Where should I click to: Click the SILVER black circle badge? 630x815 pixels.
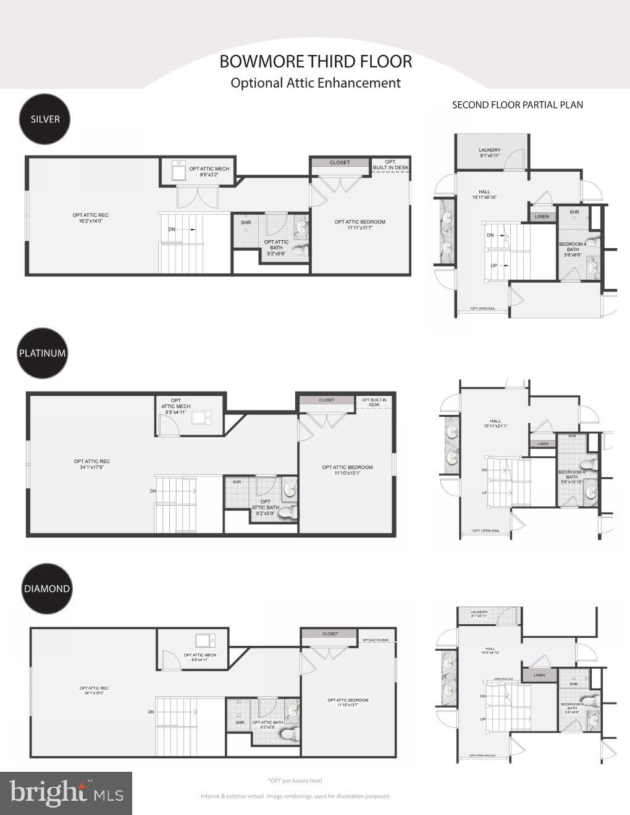click(x=45, y=119)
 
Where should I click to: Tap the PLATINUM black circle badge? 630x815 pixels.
click(x=42, y=353)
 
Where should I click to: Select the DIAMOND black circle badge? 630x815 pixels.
click(x=46, y=588)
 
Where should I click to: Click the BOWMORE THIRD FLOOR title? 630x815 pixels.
click(x=316, y=62)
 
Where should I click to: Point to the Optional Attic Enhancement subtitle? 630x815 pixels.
click(x=316, y=83)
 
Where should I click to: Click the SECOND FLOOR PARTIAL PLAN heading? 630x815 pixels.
click(x=518, y=105)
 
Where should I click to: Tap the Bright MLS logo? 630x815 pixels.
click(x=66, y=793)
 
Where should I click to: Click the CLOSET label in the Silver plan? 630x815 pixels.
click(x=340, y=163)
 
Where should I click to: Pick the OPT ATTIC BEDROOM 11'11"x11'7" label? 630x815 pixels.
click(x=359, y=225)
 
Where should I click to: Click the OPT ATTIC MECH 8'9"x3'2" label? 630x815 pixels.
click(x=209, y=172)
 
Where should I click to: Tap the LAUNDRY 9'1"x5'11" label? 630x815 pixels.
click(x=490, y=153)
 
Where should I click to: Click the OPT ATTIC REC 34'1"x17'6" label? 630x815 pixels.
click(x=91, y=464)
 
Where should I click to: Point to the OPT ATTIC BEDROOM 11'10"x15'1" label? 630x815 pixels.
click(x=347, y=470)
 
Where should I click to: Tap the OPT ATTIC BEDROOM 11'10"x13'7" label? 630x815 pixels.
click(x=348, y=703)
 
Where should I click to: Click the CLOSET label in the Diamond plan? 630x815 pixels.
click(x=330, y=634)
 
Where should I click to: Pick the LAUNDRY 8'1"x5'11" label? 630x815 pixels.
click(x=479, y=614)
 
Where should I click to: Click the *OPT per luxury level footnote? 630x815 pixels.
click(x=295, y=781)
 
